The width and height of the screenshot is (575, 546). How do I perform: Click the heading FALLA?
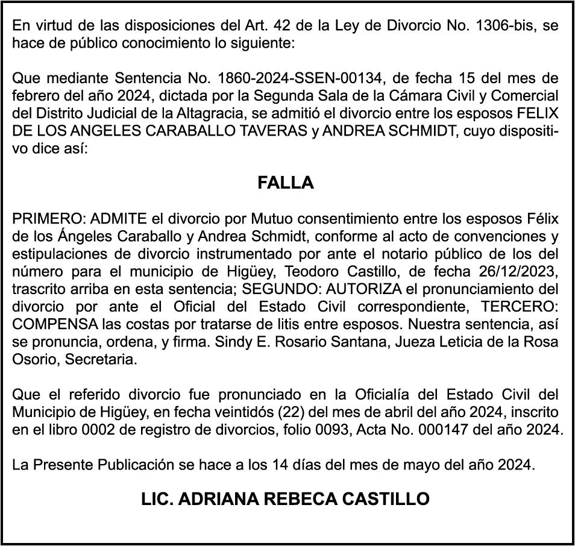point(286,183)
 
